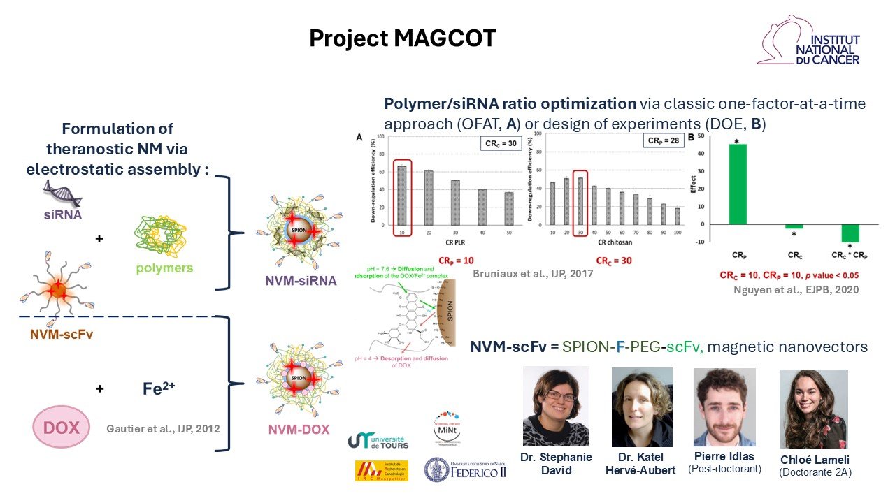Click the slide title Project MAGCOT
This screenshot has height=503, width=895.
[x=402, y=39]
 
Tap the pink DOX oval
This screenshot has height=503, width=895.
[x=62, y=427]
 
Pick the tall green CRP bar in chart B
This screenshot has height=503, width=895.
[x=738, y=184]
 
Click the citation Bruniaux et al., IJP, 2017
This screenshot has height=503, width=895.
[x=533, y=275]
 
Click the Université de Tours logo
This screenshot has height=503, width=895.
[x=378, y=439]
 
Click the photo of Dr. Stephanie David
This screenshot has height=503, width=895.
[x=555, y=406]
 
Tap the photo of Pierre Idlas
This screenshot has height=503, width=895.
[x=724, y=407]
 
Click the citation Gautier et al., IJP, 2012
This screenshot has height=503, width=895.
[x=164, y=428]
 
